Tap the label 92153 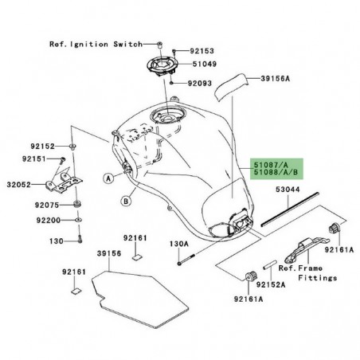(x=205, y=51)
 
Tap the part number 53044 (x=310, y=191)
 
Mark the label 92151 (x=31, y=159)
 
